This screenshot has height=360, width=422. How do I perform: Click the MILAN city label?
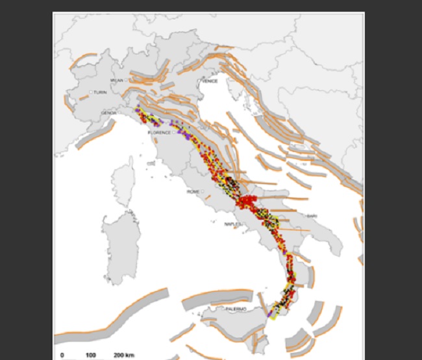tap(117, 80)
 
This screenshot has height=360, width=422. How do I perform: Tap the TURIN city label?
tap(100, 93)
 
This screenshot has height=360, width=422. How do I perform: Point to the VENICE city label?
tap(210, 81)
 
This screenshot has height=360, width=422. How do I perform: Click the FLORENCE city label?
tap(160, 132)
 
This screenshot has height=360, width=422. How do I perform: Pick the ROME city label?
tap(193, 192)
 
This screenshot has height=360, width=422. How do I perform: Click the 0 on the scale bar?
tap(62, 355)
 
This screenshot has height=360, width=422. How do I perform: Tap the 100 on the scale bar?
tap(91, 355)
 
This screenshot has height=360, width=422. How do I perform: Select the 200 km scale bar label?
tap(123, 355)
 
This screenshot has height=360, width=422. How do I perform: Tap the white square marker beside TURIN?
tap(92, 93)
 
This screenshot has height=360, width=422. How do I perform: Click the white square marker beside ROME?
tap(203, 191)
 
